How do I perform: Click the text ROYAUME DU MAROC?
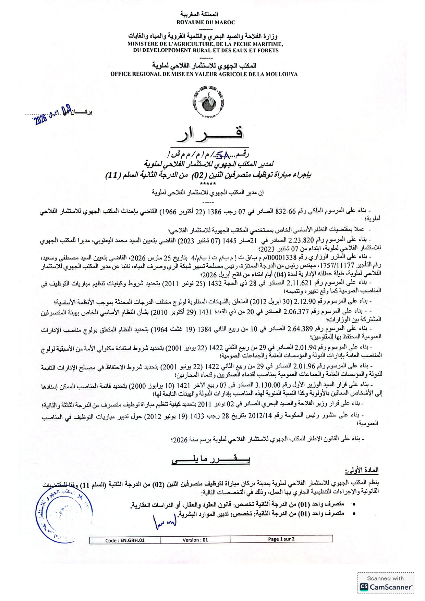tap(206, 22)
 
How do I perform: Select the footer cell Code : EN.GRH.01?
tap(125, 540)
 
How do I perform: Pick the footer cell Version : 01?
tap(195, 540)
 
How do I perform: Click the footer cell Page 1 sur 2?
tap(281, 539)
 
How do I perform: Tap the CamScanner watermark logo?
tap(386, 587)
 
